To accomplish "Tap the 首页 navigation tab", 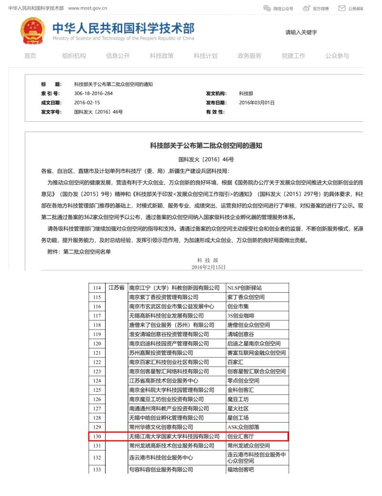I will click(30, 56).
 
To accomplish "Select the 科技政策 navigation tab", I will click(161, 56).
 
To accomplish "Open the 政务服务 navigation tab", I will click(249, 56).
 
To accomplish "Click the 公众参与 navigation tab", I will click(337, 56).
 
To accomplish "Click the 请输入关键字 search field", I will click(301, 32).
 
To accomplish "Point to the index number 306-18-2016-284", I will click(93, 93).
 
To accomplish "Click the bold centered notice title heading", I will click(206, 146).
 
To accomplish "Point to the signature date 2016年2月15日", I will click(208, 268).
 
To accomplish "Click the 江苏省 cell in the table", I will click(116, 288).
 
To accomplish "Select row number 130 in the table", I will click(97, 436).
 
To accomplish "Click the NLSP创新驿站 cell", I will click(245, 288).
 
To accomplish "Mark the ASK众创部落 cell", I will click(245, 427).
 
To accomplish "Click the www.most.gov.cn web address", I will click(88, 8).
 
